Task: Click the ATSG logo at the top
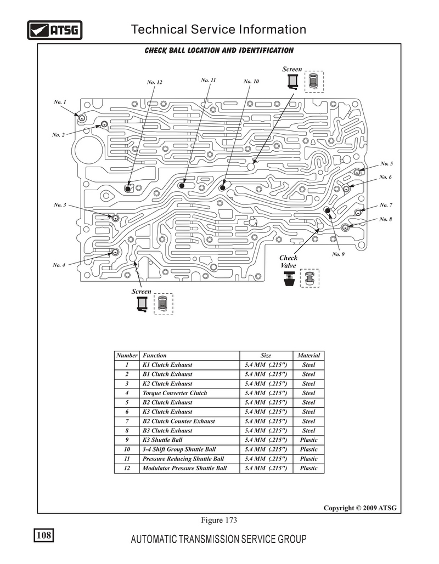pyautogui.click(x=55, y=30)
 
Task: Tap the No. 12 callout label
pyautogui.click(x=155, y=82)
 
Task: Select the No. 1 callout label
pyautogui.click(x=60, y=102)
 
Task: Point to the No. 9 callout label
pyautogui.click(x=338, y=254)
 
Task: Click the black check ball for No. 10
pyautogui.click(x=223, y=188)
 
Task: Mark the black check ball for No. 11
pyautogui.click(x=182, y=186)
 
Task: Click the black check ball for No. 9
pyautogui.click(x=328, y=210)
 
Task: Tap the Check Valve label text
pyautogui.click(x=288, y=261)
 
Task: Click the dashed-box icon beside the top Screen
pyautogui.click(x=314, y=82)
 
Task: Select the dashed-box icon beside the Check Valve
pyautogui.click(x=309, y=278)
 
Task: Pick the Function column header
pyautogui.click(x=155, y=355)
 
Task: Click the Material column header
pyautogui.click(x=308, y=355)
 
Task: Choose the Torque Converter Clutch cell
pyautogui.click(x=175, y=393)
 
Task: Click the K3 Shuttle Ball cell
pyautogui.click(x=162, y=440)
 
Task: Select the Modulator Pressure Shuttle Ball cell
pyautogui.click(x=185, y=468)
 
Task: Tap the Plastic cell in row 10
pyautogui.click(x=308, y=449)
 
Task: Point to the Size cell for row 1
pyautogui.click(x=266, y=364)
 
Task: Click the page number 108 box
pyautogui.click(x=44, y=535)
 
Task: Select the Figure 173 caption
pyautogui.click(x=219, y=520)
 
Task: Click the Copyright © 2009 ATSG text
pyautogui.click(x=360, y=508)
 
